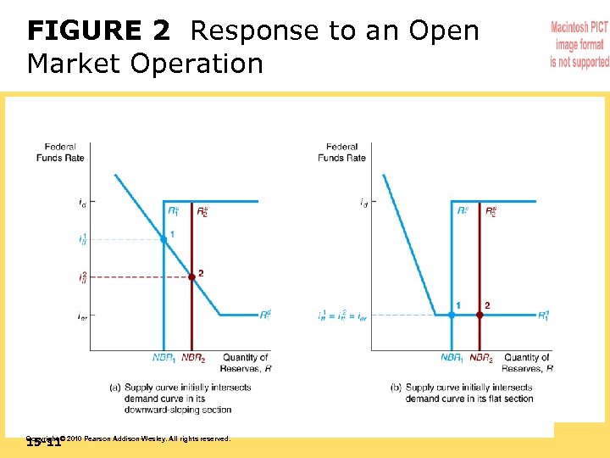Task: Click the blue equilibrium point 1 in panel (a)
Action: (164, 240)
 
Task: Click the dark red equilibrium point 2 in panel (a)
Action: (191, 276)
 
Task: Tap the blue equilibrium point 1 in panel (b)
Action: (452, 315)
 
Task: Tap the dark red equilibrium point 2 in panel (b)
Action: (480, 315)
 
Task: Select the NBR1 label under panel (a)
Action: (164, 358)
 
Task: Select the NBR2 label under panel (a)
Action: (193, 358)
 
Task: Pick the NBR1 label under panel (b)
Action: (452, 358)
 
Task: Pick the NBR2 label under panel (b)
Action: (481, 358)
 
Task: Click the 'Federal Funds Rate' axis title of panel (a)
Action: (61, 152)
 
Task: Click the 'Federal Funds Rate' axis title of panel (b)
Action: (341, 152)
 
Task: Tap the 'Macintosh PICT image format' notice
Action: (579, 45)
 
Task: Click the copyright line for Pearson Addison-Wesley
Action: (136, 438)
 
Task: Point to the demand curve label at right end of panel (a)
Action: (265, 316)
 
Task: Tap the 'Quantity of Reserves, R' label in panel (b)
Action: (526, 362)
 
